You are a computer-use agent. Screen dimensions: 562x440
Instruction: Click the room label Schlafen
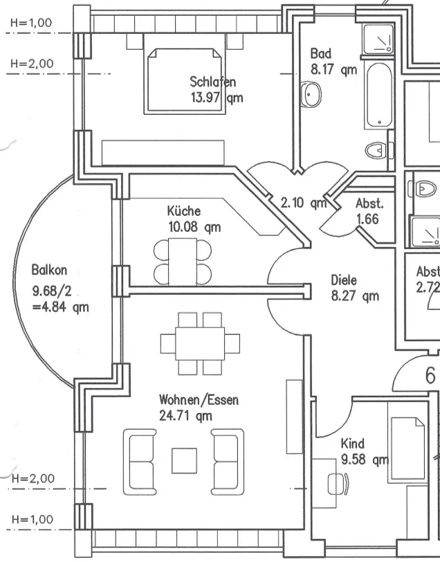[212, 82]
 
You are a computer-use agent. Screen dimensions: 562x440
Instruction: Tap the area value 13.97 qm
[217, 98]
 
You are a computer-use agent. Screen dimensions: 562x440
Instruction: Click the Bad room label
[320, 53]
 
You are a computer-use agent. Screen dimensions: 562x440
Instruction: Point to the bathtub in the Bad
[380, 95]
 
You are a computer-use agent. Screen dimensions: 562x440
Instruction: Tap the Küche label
[184, 211]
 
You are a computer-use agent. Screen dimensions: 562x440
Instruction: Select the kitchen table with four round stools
[183, 257]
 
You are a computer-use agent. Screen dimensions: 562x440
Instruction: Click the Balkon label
[49, 271]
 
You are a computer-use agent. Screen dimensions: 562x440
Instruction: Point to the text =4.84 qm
[60, 307]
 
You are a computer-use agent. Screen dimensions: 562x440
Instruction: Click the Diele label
[343, 280]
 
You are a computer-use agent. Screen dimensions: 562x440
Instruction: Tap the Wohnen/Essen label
[199, 400]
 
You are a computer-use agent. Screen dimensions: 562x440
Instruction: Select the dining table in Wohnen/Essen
[201, 342]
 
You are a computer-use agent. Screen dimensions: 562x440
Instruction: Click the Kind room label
[353, 444]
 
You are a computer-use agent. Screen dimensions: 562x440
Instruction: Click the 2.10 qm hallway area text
[303, 203]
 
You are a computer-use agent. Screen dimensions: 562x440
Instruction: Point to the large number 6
[430, 377]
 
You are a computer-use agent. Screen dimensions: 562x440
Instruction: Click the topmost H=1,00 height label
[31, 22]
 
